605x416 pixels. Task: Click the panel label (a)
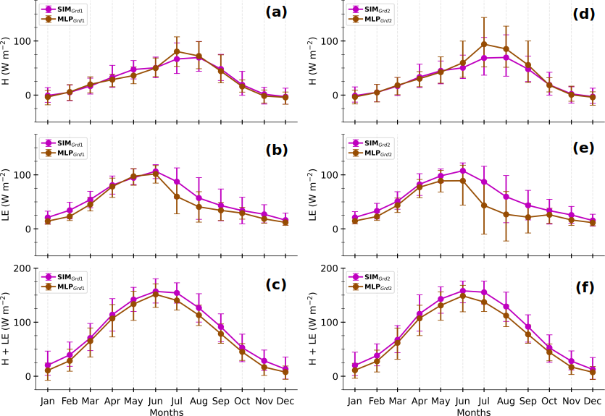point(278,12)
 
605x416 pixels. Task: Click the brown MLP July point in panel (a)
point(177,51)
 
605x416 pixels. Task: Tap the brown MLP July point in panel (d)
point(484,44)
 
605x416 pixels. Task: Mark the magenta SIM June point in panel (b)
point(155,171)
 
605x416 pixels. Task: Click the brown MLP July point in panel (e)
point(484,205)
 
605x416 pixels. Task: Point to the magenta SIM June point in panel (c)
point(155,292)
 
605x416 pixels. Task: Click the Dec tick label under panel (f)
point(593,401)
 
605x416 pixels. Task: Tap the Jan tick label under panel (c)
point(47,401)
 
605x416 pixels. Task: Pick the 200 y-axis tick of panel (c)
point(22,268)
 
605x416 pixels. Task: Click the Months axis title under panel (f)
point(474,412)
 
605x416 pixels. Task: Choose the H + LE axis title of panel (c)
point(7,322)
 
